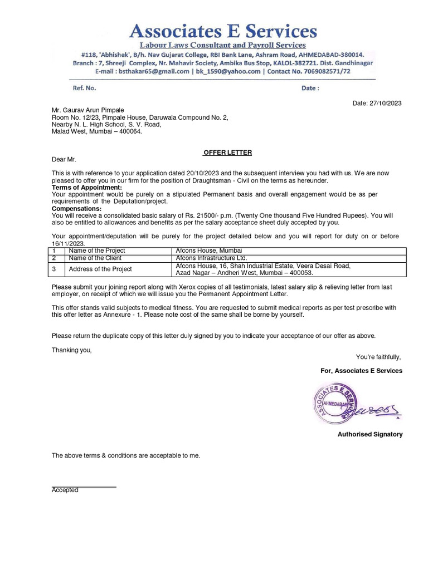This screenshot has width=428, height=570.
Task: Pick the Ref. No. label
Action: [85, 88]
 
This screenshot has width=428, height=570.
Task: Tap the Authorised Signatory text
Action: [369, 434]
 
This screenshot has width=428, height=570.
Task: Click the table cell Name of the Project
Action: [96, 251]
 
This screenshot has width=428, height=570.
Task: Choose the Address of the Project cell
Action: [100, 269]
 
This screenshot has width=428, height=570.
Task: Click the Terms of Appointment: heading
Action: [86, 188]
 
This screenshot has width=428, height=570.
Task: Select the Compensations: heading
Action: [77, 208]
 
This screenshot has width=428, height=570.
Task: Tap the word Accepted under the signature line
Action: [65, 490]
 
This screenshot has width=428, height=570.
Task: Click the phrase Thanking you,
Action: [72, 350]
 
